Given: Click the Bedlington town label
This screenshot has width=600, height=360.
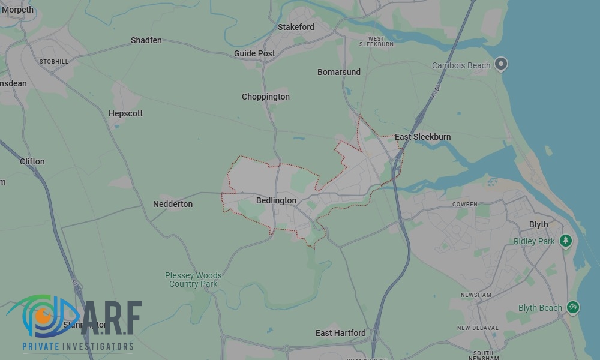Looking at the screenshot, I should [276, 200].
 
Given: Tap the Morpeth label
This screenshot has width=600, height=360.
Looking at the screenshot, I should [18, 10].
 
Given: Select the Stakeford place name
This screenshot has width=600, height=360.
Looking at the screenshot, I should [296, 27].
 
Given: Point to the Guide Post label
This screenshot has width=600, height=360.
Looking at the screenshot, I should [254, 53].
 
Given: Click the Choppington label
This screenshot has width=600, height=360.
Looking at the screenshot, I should [266, 97].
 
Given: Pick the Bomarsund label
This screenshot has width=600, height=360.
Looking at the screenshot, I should [339, 72].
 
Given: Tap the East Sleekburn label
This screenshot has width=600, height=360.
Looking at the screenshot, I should [422, 137].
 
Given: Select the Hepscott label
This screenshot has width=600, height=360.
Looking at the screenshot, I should [125, 113].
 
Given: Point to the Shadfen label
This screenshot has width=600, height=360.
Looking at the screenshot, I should [146, 40].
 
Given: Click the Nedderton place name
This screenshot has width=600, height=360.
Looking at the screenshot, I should [173, 204].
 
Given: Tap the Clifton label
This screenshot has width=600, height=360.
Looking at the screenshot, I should [32, 161].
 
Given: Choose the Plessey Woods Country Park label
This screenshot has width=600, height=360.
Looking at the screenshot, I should [193, 280].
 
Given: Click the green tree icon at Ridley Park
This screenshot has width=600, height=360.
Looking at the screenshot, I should [565, 241].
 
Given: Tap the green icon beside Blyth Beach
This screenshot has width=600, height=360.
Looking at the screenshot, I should [573, 307].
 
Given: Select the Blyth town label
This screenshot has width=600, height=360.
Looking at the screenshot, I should [538, 224].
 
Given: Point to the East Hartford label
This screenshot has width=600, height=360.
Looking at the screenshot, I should [340, 333].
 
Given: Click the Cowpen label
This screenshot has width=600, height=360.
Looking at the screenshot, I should [465, 205].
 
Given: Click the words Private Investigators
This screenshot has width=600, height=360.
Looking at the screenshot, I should [78, 346].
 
